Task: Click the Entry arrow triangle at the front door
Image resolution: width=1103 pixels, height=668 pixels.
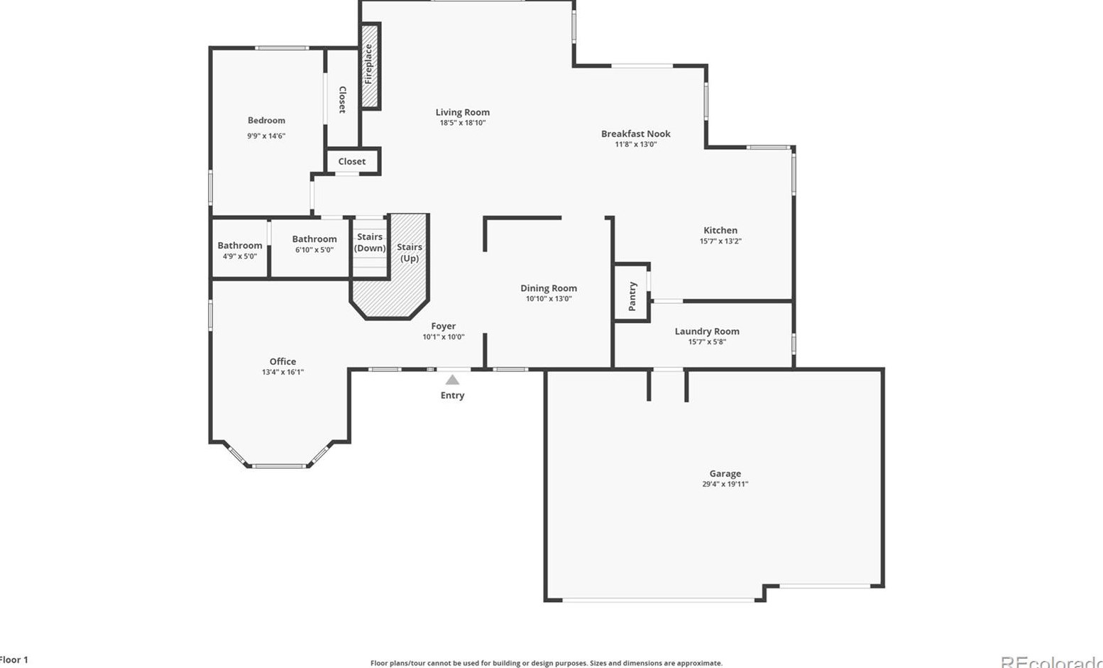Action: point(452,380)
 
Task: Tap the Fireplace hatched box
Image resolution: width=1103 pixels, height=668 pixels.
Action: point(369,65)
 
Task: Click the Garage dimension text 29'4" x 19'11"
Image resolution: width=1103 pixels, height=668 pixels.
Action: point(725,484)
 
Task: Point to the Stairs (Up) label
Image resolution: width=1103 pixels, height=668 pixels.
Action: point(410,253)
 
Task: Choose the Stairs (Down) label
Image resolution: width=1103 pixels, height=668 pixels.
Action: point(370,243)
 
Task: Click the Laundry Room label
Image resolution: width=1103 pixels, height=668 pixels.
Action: point(706,331)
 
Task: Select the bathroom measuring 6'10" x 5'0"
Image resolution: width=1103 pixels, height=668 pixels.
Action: point(314,244)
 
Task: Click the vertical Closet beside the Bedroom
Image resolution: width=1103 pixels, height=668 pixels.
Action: point(342,99)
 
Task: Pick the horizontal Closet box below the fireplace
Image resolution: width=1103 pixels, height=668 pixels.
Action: point(352,162)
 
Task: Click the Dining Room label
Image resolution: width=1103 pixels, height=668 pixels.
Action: point(549,288)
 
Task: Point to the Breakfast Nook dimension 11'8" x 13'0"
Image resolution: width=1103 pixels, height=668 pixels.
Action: point(635,144)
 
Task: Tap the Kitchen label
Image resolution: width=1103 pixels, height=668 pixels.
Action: point(720,230)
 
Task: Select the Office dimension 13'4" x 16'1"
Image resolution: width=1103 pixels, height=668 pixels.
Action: point(282,372)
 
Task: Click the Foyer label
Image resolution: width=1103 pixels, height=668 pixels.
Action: point(444,326)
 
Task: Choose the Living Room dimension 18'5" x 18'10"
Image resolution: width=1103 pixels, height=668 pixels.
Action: point(462,123)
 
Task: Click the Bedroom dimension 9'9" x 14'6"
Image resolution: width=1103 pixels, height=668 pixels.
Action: point(266,136)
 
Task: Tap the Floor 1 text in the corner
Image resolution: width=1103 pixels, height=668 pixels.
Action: point(13,659)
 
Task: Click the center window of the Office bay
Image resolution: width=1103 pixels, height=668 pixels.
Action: point(279,466)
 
